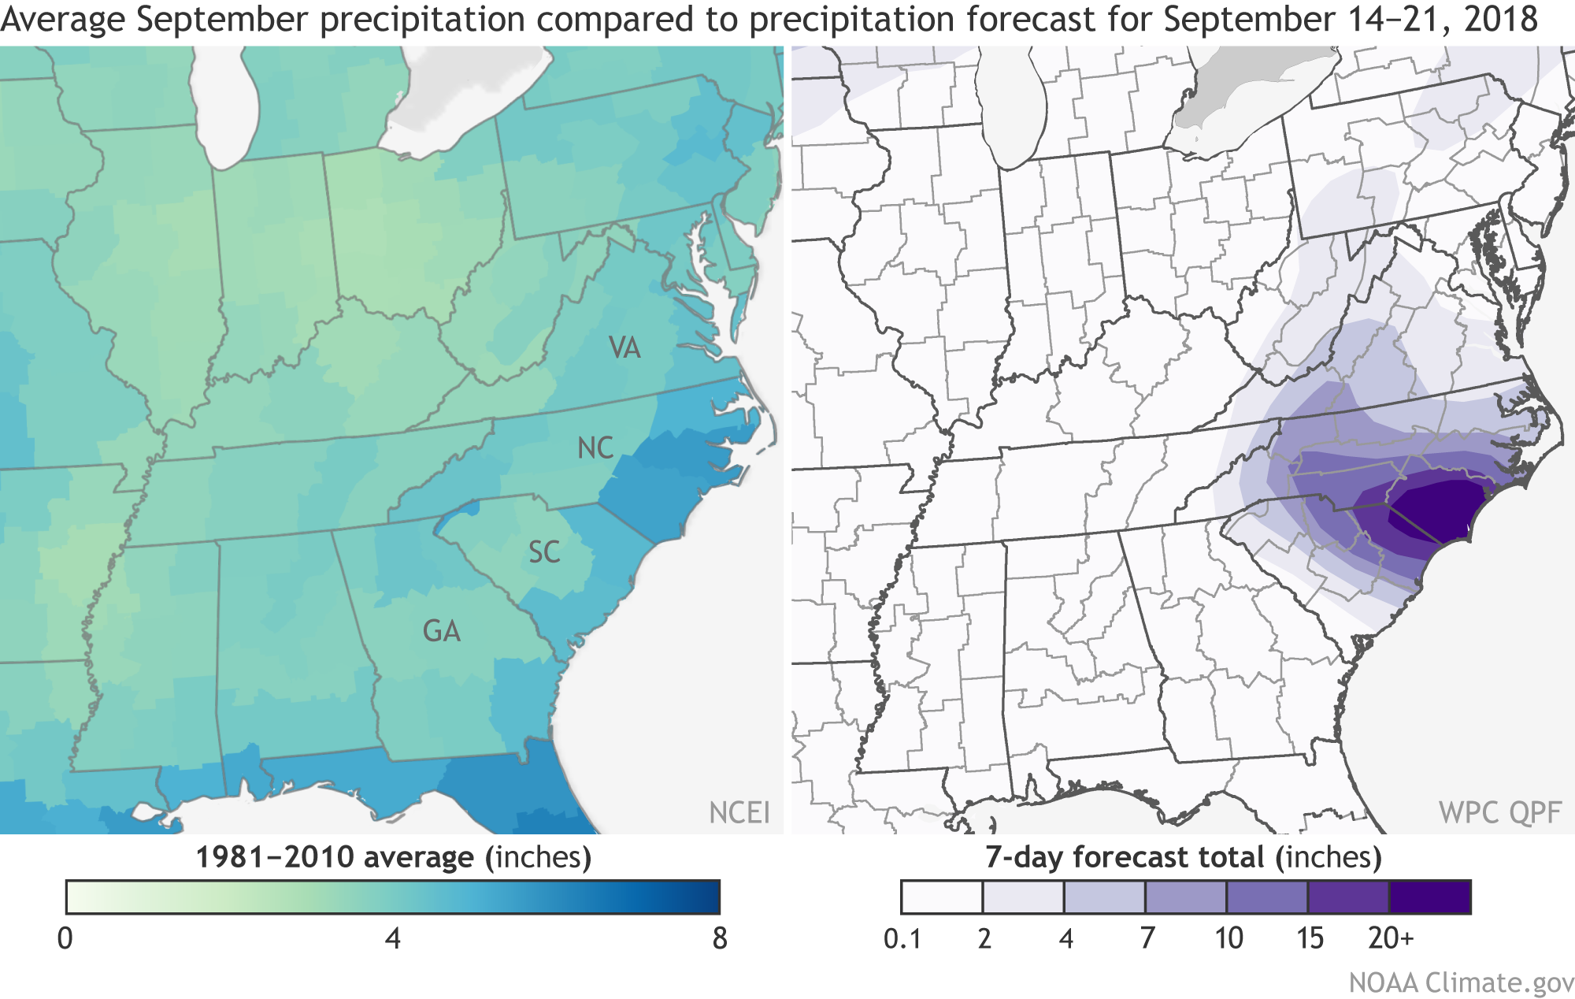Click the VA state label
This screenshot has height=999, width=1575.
[624, 347]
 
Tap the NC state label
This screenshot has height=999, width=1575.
[595, 448]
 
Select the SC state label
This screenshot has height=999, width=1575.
[544, 552]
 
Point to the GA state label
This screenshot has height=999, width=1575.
[441, 631]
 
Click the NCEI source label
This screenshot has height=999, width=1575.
[739, 812]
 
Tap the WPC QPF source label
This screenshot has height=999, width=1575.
[1499, 812]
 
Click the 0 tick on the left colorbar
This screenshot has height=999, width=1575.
[65, 938]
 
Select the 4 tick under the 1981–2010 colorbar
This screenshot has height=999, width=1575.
[392, 938]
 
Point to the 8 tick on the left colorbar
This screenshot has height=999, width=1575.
[719, 938]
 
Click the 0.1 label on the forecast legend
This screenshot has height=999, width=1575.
[902, 938]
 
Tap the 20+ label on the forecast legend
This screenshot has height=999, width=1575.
[1391, 938]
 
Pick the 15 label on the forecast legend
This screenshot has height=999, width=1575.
[1310, 938]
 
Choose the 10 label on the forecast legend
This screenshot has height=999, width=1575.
[1228, 938]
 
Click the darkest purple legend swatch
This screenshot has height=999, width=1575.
[1430, 897]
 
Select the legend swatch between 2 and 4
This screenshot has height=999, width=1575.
[1023, 897]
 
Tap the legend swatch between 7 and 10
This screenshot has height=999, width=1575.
[1186, 897]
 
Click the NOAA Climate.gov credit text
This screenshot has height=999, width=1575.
[1461, 982]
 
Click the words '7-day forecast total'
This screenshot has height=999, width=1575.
[1125, 856]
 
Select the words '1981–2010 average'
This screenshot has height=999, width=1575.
[335, 856]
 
